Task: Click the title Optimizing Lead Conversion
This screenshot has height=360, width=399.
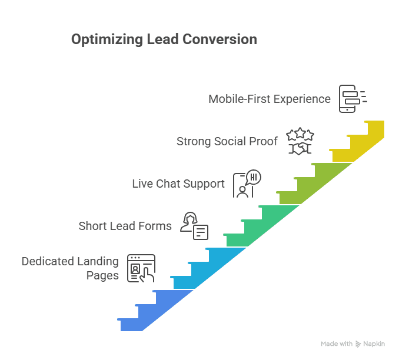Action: click(x=164, y=39)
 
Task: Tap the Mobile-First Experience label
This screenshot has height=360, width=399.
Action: click(x=270, y=99)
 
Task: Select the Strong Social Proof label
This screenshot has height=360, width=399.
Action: click(x=227, y=141)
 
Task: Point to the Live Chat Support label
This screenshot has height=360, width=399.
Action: click(x=178, y=184)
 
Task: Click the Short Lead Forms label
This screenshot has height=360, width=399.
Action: click(x=125, y=226)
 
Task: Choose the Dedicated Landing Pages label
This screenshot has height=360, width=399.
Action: click(x=70, y=268)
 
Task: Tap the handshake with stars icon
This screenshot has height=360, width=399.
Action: click(x=300, y=141)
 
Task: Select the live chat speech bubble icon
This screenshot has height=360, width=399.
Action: click(x=247, y=184)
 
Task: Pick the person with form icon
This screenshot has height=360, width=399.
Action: click(x=194, y=226)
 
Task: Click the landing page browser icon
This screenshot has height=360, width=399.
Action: click(x=141, y=268)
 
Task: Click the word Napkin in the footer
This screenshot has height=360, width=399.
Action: click(x=375, y=344)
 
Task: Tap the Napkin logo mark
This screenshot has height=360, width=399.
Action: click(x=358, y=344)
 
